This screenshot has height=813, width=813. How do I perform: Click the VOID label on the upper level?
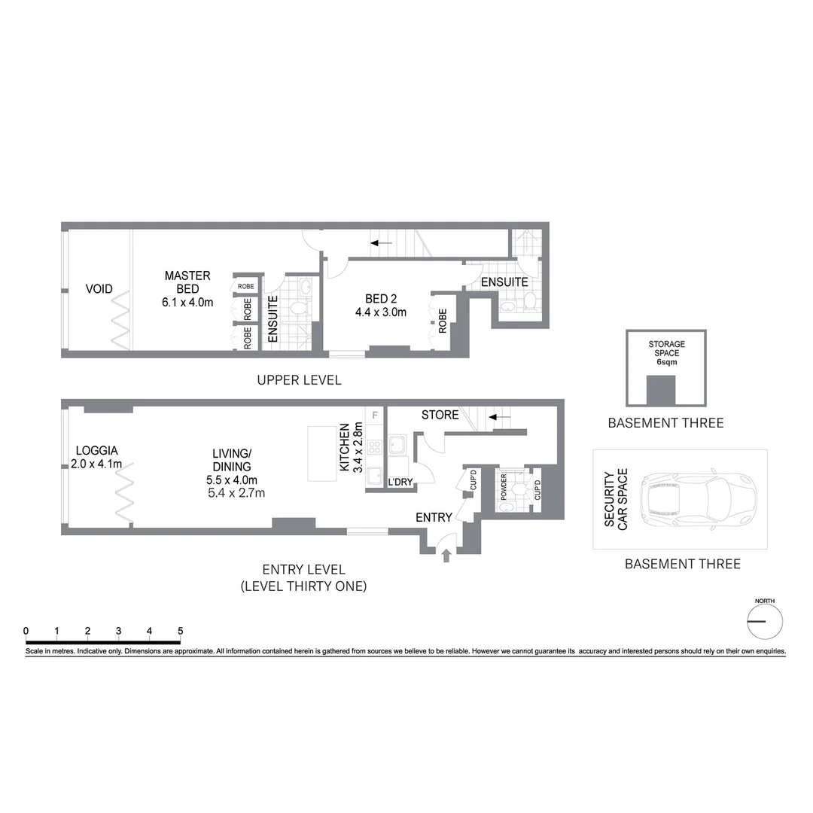[99, 289]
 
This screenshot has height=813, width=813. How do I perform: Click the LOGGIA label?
[95, 457]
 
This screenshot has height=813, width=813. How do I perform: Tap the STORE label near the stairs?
[440, 415]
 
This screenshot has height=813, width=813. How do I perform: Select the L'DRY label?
[400, 483]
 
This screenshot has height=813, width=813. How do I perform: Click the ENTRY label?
[434, 517]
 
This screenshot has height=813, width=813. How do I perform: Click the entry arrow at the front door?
[446, 556]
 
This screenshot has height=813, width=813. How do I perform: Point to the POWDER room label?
[502, 487]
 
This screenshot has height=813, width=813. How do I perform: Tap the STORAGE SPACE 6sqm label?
[666, 353]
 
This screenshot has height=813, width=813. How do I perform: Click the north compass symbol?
[765, 621]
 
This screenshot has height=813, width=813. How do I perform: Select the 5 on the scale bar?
[180, 631]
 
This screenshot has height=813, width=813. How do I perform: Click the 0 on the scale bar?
[26, 631]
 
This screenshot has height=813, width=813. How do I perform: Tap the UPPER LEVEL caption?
[299, 380]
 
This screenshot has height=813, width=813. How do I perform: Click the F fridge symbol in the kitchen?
[374, 415]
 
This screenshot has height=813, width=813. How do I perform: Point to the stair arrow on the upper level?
[381, 242]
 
